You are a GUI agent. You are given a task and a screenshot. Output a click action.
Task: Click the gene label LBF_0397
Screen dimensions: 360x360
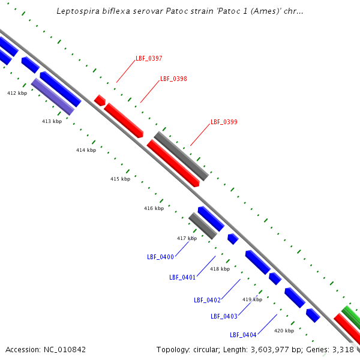[149, 59]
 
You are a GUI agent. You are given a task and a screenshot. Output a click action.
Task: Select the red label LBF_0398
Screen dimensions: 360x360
[173, 79]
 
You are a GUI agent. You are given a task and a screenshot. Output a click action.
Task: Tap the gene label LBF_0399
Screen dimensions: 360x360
[224, 122]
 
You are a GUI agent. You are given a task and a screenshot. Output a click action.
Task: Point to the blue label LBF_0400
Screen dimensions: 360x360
[160, 257]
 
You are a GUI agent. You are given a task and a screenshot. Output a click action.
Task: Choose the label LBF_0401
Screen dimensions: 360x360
[182, 278]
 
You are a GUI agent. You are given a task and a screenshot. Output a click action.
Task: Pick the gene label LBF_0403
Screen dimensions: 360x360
[224, 317]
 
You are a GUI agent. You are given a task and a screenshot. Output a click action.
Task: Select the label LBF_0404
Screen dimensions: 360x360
[243, 335]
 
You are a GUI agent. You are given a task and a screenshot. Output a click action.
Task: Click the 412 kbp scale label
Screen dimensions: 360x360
[17, 94]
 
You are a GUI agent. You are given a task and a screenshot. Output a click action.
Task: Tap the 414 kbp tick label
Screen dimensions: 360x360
[86, 150]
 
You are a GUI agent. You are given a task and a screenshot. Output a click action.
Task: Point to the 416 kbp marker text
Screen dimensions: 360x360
[154, 209]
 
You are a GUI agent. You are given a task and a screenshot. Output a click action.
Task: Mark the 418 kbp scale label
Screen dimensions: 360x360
[220, 269]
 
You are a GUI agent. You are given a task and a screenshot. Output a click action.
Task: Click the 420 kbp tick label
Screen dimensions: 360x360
[284, 331]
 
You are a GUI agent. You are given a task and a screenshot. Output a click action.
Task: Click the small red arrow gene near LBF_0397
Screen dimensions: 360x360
[100, 100]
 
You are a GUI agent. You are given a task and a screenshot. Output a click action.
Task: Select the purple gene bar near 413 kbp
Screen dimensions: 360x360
[52, 97]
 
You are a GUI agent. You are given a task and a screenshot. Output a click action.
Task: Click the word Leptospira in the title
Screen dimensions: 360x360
[77, 11]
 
